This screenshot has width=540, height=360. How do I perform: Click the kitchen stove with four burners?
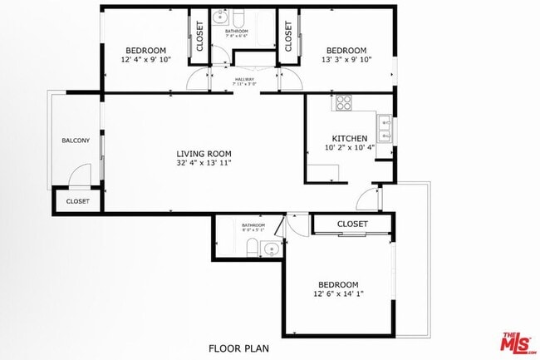(x=343, y=103)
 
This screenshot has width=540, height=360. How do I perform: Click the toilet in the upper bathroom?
(x=238, y=18)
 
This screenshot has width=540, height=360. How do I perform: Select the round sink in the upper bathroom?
(x=220, y=17)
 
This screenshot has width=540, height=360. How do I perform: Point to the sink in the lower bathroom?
(x=270, y=249)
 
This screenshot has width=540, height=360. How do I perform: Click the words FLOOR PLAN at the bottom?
(x=238, y=348)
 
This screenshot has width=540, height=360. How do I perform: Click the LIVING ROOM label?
(x=204, y=153)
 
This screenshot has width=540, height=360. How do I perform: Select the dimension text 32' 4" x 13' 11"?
(x=204, y=163)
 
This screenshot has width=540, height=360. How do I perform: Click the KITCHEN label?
(x=349, y=138)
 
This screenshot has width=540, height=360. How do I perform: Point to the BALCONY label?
(x=76, y=140)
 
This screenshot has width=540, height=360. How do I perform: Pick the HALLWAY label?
(x=243, y=79)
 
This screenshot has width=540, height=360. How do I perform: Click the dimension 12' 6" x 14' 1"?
(x=338, y=293)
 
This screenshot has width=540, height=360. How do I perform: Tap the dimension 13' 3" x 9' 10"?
(x=346, y=59)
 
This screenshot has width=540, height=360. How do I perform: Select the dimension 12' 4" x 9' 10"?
(x=146, y=59)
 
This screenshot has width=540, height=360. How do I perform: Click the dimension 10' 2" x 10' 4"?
(x=349, y=148)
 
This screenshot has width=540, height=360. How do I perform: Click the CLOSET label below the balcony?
(x=77, y=201)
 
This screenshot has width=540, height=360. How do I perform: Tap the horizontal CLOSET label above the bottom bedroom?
(x=352, y=224)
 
